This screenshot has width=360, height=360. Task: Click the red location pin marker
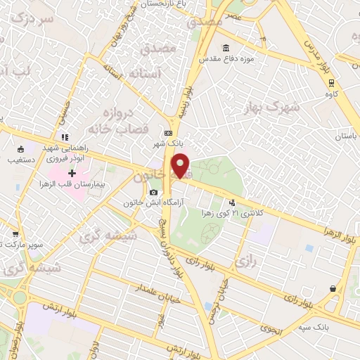point(181,166)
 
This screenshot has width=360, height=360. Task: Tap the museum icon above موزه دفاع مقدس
point(226,49)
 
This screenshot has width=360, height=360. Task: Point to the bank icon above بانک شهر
point(168,132)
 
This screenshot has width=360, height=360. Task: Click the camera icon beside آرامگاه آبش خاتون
point(154,192)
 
